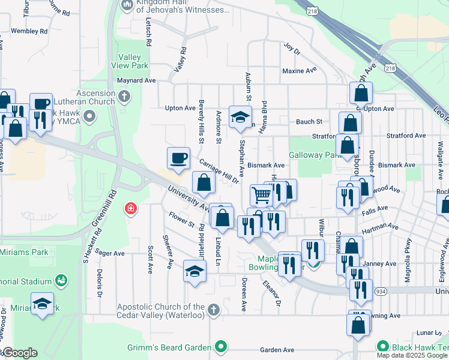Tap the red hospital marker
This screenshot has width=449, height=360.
click(x=130, y=209)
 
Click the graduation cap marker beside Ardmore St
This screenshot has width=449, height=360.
click(x=240, y=116)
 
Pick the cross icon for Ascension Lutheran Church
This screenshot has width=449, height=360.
click(x=124, y=95)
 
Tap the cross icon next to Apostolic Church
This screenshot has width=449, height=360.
click(x=214, y=310)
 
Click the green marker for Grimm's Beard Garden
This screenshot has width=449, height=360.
click(x=221, y=347)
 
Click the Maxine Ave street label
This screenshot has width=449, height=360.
click(x=300, y=70)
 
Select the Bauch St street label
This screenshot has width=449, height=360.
click(x=309, y=122)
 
